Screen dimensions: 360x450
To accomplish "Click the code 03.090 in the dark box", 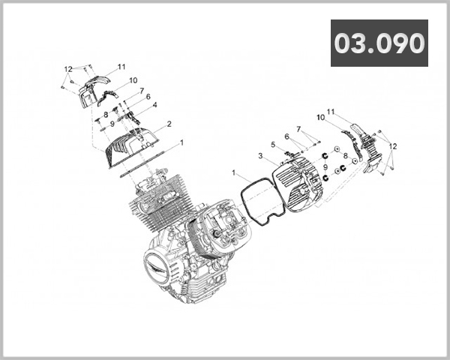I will (x=379, y=43).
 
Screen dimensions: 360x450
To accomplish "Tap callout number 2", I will (x=169, y=124).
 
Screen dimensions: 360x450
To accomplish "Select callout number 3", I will (x=259, y=156).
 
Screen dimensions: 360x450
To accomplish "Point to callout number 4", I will (x=154, y=105).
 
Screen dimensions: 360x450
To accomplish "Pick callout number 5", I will (x=273, y=145).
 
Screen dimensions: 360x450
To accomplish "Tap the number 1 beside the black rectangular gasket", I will (x=235, y=173).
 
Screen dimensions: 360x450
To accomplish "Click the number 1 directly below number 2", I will (x=181, y=141).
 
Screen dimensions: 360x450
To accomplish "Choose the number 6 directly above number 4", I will (x=148, y=97).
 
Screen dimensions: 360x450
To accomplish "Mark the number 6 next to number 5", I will (x=286, y=136).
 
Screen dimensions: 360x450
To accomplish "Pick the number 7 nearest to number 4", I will (x=142, y=90).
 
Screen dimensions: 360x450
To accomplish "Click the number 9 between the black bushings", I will (x=325, y=166).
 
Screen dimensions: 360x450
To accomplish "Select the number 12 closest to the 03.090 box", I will (x=392, y=146).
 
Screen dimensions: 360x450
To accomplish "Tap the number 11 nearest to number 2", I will (x=121, y=67).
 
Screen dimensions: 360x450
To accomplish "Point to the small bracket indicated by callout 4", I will (x=134, y=116).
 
